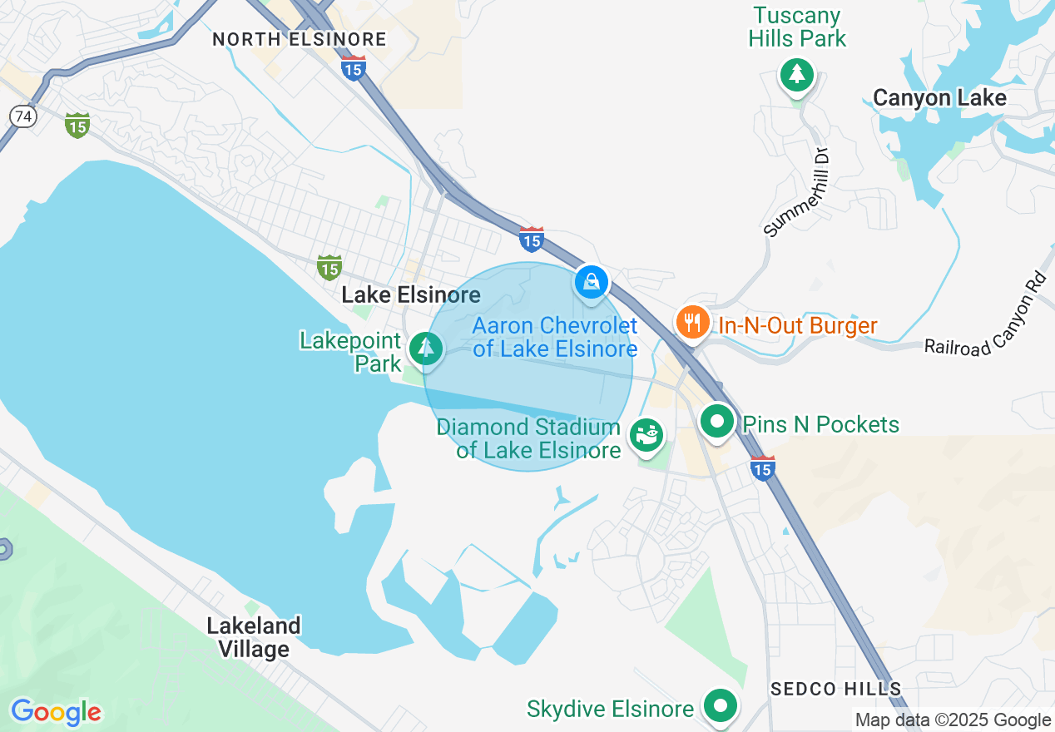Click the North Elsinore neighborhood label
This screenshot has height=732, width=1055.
[299, 39]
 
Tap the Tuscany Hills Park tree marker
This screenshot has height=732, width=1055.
[797, 75]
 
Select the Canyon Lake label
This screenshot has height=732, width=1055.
[939, 98]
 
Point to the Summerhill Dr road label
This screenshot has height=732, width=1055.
[797, 192]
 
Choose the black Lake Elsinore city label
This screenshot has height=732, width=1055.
[410, 294]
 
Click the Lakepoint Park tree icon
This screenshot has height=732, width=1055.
[426, 347]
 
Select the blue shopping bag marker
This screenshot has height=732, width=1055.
[591, 283]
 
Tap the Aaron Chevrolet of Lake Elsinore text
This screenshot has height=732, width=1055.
[555, 337]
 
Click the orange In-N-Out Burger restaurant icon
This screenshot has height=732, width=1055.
[691, 321]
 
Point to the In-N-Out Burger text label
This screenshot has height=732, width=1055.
[797, 325]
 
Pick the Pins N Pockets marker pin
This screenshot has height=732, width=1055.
[716, 421]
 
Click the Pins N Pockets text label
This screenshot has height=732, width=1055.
[820, 424]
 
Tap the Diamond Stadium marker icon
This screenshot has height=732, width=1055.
[646, 434]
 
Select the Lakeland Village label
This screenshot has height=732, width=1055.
[254, 637]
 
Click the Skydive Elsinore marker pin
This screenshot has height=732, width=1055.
[721, 705]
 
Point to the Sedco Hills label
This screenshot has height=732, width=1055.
[835, 689]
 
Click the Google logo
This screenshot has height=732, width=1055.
[56, 712]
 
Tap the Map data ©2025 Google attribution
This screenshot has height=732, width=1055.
[953, 720]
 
